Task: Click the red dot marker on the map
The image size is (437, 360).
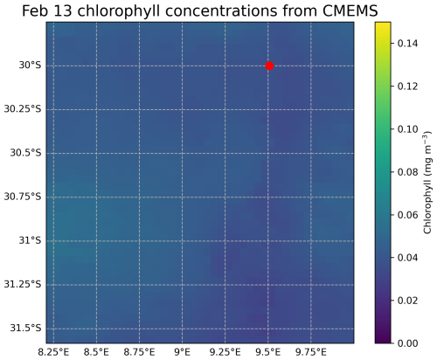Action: pyautogui.click(x=269, y=66)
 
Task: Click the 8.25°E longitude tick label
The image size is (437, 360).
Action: pyautogui.click(x=53, y=350)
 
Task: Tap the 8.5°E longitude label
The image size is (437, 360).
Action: pyautogui.click(x=96, y=350)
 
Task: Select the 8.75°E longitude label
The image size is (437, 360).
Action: pyautogui.click(x=139, y=350)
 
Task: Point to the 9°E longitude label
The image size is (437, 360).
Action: pyautogui.click(x=183, y=350)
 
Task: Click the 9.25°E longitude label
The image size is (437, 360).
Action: pyautogui.click(x=225, y=350)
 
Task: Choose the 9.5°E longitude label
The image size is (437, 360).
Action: pyautogui.click(x=268, y=350)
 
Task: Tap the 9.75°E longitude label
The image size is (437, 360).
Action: pyautogui.click(x=311, y=350)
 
